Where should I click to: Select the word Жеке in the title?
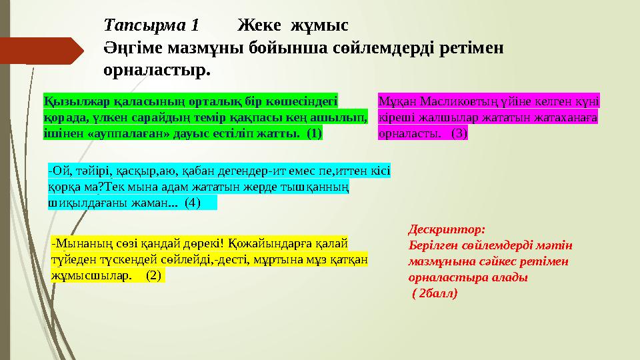tap(257, 26)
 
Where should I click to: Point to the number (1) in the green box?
tap(313, 133)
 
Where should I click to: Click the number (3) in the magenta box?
tap(459, 133)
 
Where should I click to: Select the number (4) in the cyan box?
tap(192, 202)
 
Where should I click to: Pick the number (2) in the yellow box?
tap(153, 275)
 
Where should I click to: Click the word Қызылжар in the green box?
tap(67, 101)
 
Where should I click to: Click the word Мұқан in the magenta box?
tap(394, 101)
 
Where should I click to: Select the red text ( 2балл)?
tap(435, 293)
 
